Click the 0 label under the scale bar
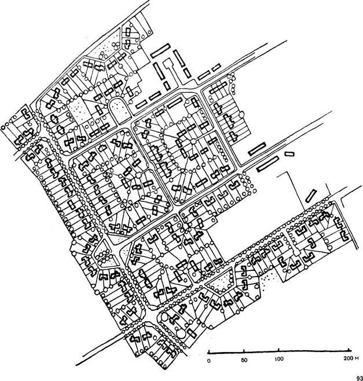209,361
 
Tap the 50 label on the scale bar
244,360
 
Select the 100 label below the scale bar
279,359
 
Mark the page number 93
360,378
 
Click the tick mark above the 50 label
244,351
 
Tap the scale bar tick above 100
279,350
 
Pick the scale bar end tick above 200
349,350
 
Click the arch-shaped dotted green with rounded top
117,108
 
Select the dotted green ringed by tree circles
221,281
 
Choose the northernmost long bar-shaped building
160,51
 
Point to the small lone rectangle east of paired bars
289,154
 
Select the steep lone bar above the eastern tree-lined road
311,196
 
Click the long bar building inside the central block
174,103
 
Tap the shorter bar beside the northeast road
216,67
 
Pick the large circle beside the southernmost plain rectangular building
181,334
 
